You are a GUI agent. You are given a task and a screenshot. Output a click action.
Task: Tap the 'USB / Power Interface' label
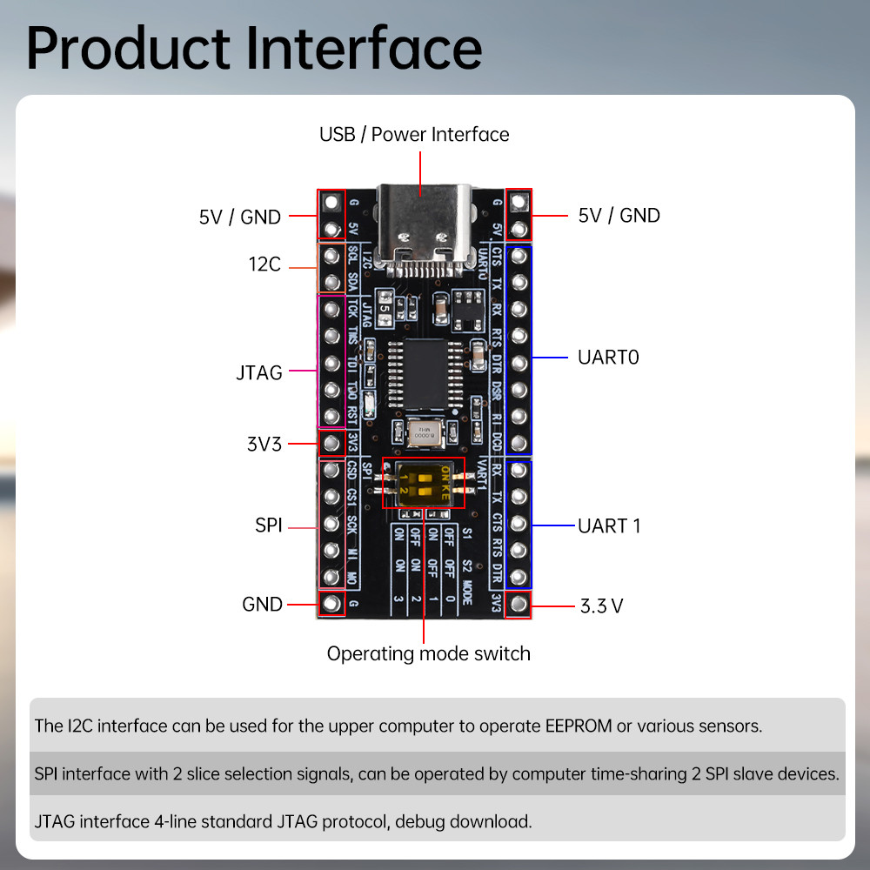(x=414, y=135)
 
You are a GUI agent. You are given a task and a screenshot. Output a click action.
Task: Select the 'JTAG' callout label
(x=259, y=372)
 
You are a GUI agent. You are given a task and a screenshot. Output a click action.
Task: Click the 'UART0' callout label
(x=608, y=357)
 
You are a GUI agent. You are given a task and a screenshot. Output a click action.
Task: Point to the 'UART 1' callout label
(x=609, y=525)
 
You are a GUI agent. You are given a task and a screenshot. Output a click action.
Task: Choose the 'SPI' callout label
(x=269, y=525)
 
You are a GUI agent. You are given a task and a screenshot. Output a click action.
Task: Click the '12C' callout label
(x=264, y=264)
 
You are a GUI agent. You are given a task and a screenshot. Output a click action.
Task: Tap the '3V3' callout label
(x=264, y=444)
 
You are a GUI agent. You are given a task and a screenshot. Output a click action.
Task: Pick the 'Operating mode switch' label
(x=429, y=653)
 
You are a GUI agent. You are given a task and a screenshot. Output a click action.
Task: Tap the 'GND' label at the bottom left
(x=263, y=605)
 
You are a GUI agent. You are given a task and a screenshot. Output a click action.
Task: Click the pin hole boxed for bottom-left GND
(x=331, y=603)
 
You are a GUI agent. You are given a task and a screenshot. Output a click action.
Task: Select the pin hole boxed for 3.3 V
(x=519, y=604)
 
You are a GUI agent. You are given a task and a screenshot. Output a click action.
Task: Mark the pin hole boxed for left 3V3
(x=331, y=444)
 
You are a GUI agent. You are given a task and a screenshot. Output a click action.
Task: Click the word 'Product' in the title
(x=130, y=50)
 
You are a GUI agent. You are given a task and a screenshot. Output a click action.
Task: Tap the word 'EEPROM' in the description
(x=568, y=726)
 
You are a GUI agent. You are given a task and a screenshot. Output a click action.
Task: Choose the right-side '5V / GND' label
(x=619, y=215)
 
